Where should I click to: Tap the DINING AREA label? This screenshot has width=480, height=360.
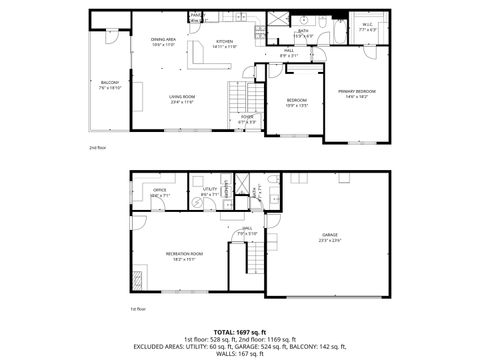(x=164, y=41)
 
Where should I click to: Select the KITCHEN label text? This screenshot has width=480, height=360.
(x=225, y=41)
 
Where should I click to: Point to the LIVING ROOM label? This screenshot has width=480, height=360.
(x=181, y=97)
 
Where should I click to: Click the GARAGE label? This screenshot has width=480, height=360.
(x=329, y=235)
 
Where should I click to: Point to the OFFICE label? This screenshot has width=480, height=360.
(x=160, y=189)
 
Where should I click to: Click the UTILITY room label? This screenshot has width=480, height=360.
(x=210, y=189)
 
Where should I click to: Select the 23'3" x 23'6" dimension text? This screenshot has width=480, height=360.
(x=329, y=241)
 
